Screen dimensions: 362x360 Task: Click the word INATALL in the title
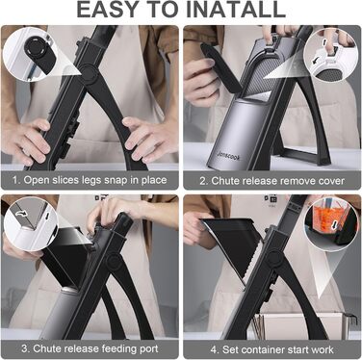coord(236,10)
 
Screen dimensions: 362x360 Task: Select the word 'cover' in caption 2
coord(331,181)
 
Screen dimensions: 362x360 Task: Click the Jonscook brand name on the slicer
coord(228,156)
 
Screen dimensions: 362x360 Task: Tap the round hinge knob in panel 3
coord(114,261)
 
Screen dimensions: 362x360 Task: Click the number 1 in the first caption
coord(15,180)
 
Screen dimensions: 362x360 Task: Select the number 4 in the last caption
coord(214,349)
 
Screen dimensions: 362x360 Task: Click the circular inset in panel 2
coord(330,55)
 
